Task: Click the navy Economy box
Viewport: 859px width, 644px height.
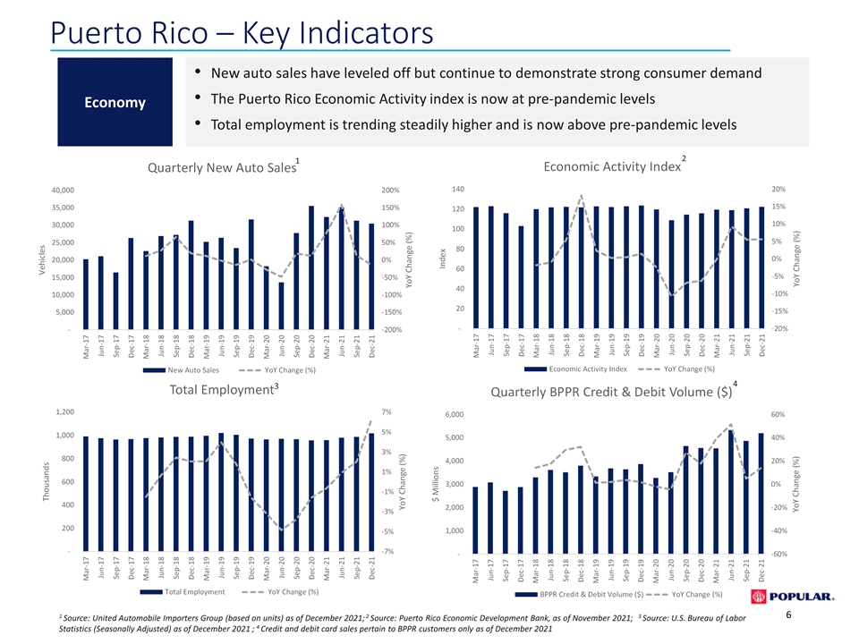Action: tap(115, 102)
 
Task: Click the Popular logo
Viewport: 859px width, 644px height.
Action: tap(793, 597)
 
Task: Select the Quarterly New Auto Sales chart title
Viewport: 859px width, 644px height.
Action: tap(224, 166)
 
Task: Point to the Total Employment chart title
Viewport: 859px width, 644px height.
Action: tap(224, 389)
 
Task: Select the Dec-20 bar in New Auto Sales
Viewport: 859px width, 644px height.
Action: tap(311, 267)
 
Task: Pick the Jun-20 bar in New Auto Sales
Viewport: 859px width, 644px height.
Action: tap(281, 306)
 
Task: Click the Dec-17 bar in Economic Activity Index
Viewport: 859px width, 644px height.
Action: tap(521, 277)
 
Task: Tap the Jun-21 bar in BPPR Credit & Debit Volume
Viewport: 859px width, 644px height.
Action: tap(731, 492)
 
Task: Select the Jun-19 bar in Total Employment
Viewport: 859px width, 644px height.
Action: tap(221, 492)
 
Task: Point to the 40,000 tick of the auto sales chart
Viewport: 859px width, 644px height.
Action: tap(63, 190)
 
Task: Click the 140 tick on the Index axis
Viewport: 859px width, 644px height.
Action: tap(458, 189)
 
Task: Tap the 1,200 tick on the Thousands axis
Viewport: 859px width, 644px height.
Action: tap(65, 411)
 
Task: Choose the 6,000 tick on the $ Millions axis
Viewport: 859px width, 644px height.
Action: tap(455, 414)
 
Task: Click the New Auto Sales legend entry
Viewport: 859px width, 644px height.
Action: tap(181, 370)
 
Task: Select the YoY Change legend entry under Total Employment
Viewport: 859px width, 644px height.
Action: tap(280, 592)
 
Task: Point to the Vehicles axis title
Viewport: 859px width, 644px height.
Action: tap(42, 259)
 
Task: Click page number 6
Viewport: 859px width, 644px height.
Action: tap(788, 615)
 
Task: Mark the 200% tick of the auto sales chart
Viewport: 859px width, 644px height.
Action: tap(391, 190)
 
